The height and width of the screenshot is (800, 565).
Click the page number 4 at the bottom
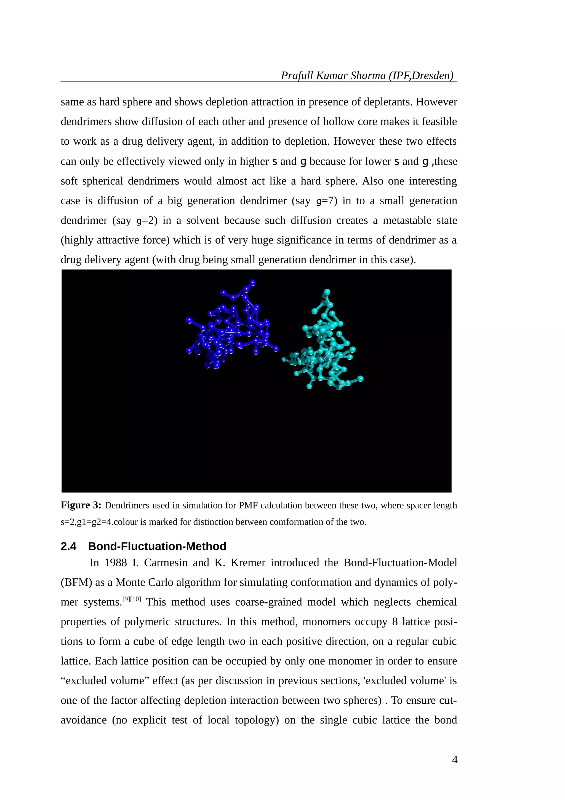[454, 760]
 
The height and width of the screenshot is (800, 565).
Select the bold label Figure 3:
[81, 505]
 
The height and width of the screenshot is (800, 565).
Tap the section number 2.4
[69, 546]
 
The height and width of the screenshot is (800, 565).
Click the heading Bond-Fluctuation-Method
[157, 546]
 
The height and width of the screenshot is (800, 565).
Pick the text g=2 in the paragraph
[146, 221]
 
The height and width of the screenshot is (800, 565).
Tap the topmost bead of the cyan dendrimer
[327, 292]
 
